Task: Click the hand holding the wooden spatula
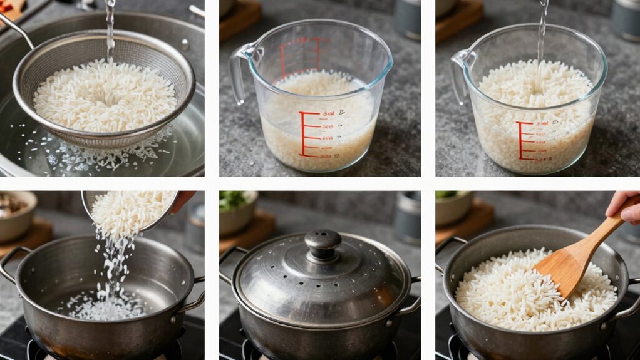click(624, 206)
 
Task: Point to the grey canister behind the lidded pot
click(407, 216)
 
